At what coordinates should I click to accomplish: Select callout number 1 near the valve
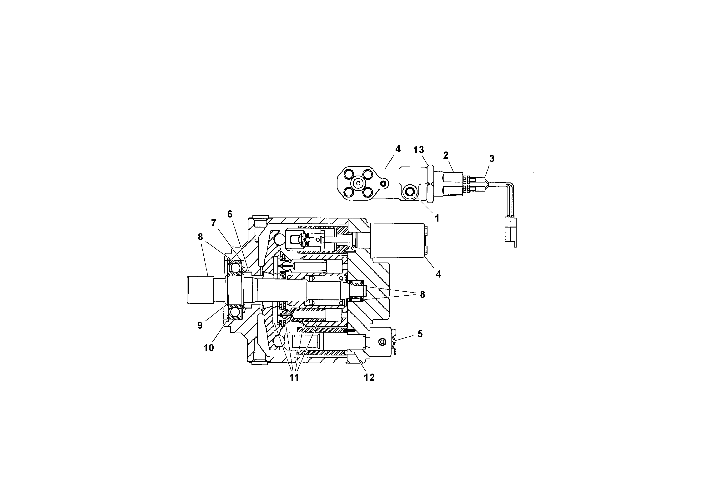(x=437, y=218)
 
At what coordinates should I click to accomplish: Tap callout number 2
(x=446, y=155)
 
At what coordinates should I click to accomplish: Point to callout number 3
(x=492, y=159)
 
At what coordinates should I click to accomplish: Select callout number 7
(x=213, y=223)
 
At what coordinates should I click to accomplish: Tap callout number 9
(x=200, y=325)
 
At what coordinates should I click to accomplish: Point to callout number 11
(x=294, y=377)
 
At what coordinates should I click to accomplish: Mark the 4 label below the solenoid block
(x=438, y=274)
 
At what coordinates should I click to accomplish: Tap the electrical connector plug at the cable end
(x=510, y=229)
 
